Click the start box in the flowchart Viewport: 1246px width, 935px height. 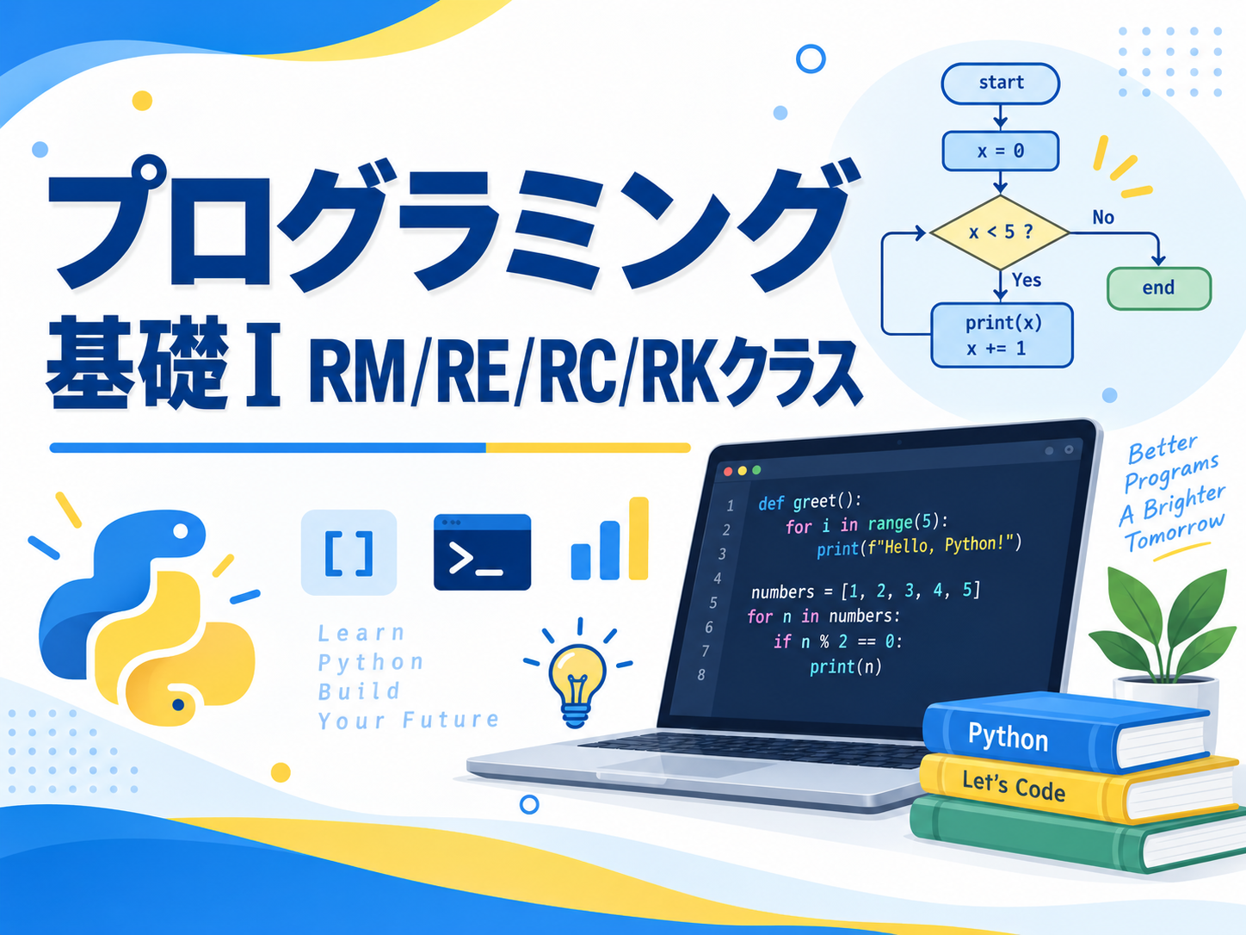point(1000,84)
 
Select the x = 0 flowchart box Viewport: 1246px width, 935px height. point(1000,151)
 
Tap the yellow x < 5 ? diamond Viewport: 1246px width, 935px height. point(1000,232)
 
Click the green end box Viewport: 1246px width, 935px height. point(1159,288)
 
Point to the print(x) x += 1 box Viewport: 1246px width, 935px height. point(1002,335)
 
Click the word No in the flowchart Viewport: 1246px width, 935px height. point(1103,218)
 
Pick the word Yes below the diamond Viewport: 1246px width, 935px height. point(1027,280)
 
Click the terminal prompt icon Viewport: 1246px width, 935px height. point(482,552)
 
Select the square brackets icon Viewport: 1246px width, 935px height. point(349,553)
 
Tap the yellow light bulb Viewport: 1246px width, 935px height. point(577,684)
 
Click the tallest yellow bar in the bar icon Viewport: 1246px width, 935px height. point(638,538)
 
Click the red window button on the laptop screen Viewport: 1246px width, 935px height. point(728,471)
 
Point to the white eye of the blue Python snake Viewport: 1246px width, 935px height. point(181,531)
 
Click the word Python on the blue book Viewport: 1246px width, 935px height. point(1008,737)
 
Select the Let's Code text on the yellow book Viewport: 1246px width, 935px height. point(1014,786)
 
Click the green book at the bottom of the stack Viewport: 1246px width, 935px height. point(1073,834)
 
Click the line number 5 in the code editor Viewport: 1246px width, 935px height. point(713,603)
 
